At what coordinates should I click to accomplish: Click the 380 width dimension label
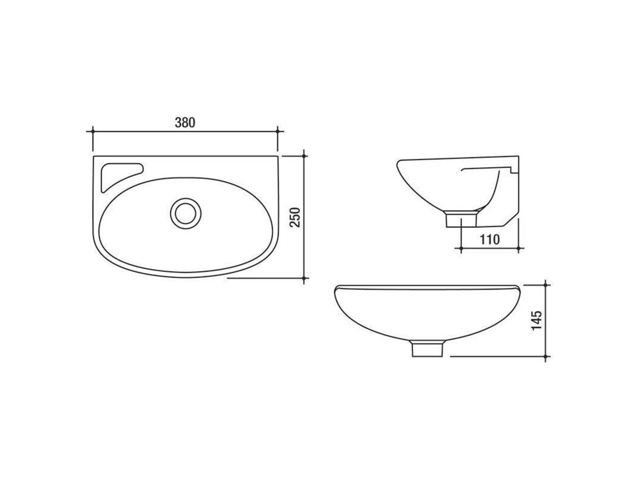tap(185, 122)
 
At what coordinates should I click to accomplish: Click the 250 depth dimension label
tap(296, 217)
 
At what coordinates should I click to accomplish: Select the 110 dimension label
tap(489, 239)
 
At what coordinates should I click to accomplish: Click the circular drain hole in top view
tap(186, 212)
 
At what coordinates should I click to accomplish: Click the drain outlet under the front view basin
tap(427, 349)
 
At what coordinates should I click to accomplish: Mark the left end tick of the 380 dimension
tap(93, 131)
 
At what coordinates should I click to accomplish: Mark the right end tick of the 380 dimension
tap(278, 131)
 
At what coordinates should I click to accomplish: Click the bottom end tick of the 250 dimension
tap(304, 278)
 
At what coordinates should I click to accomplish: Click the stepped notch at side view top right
tap(511, 169)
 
